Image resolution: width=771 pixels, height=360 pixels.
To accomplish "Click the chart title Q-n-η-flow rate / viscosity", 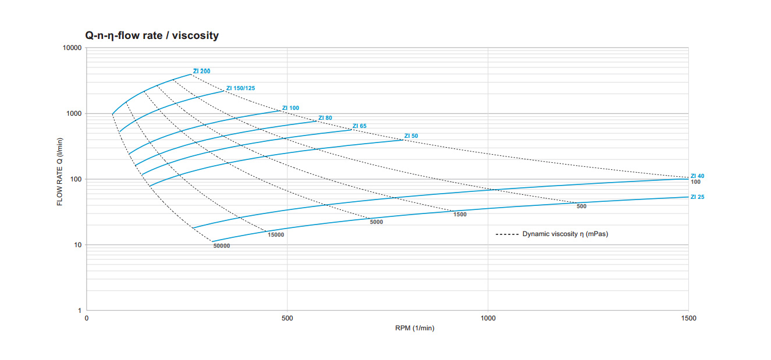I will (x=152, y=35).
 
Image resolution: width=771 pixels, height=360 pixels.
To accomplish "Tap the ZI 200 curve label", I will (x=202, y=71).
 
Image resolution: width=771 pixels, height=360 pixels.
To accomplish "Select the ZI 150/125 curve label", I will (x=240, y=88).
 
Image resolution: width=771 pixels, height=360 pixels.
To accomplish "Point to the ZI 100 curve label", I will (x=290, y=108).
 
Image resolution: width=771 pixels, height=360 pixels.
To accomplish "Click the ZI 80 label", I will (x=325, y=118).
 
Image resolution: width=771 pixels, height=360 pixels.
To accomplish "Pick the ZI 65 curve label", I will (x=360, y=126).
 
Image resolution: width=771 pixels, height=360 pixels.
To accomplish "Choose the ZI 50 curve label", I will (x=411, y=136).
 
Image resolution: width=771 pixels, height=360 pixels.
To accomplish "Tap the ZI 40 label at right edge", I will (x=697, y=176).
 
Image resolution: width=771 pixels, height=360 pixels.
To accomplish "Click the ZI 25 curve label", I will (x=697, y=197).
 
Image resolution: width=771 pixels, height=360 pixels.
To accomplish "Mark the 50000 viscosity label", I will (x=222, y=246).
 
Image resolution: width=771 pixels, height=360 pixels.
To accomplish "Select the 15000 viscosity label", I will (x=276, y=234).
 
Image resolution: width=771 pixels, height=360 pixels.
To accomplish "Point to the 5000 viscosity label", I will (x=376, y=222).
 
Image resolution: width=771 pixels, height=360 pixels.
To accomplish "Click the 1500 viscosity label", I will (x=460, y=215).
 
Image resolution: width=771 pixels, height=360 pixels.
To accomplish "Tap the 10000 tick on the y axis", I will (x=72, y=48).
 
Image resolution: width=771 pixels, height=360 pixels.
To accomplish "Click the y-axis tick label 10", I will (x=78, y=245).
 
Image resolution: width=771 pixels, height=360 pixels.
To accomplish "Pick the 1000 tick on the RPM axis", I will (x=488, y=318).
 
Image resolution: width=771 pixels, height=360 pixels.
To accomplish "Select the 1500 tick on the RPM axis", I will (x=688, y=318).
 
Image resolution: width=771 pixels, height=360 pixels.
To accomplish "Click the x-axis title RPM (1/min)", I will (x=414, y=328).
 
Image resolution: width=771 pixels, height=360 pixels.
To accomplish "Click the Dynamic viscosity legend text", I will (x=564, y=234).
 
